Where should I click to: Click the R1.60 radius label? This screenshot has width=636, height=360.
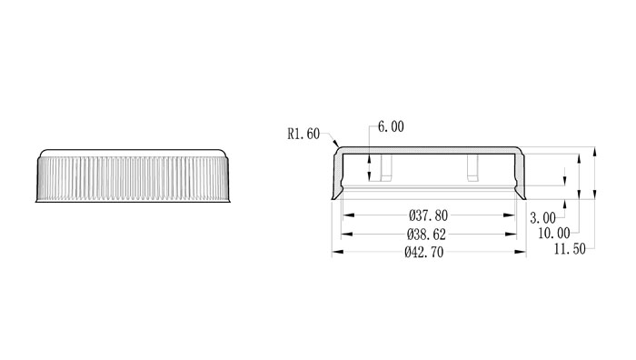point(303,134)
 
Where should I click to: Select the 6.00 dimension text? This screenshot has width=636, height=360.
point(391,126)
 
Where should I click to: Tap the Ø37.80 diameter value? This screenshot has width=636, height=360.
point(428,215)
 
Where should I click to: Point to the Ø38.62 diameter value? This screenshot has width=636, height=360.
point(426,235)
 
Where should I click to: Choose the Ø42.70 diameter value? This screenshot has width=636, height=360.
point(424,252)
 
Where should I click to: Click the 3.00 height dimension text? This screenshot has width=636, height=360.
point(542,218)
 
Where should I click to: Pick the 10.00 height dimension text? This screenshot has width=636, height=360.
point(554,233)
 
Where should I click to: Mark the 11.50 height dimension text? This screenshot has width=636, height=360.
point(570,249)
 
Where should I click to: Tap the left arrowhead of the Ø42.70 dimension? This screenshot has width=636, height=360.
point(338,252)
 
